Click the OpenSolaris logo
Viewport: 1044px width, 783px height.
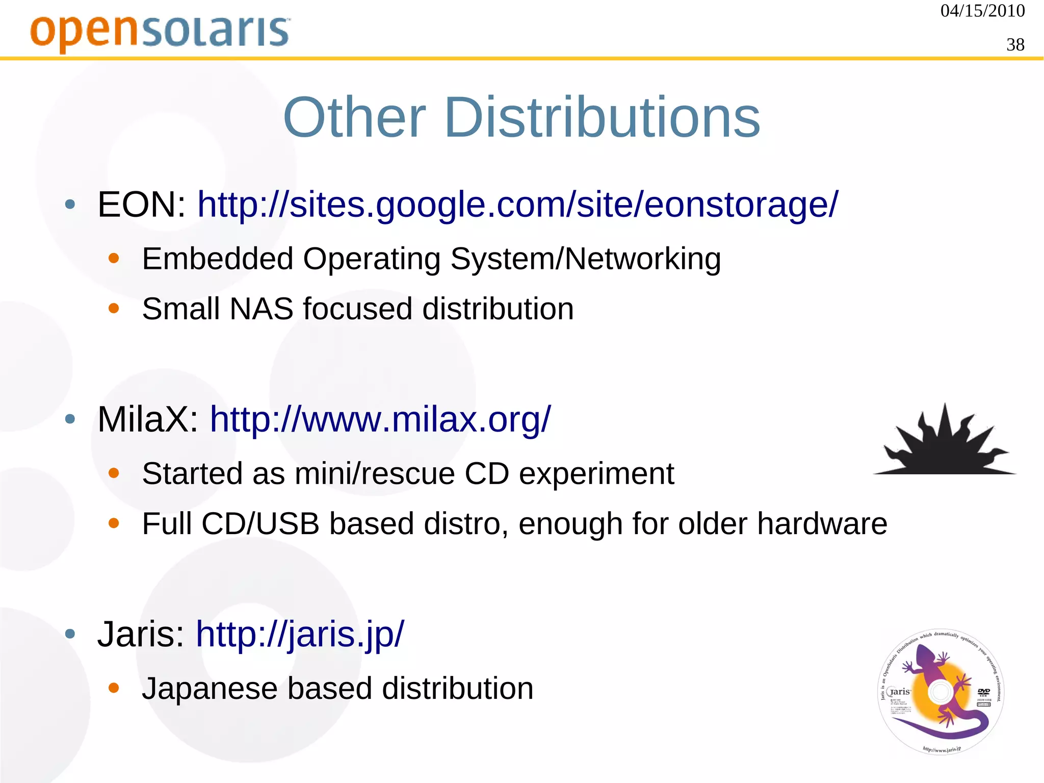click(160, 32)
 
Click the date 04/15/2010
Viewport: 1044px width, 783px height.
click(982, 11)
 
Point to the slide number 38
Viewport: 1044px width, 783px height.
click(1015, 45)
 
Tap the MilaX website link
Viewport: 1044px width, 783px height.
click(380, 419)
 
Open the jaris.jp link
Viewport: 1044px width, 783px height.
click(300, 634)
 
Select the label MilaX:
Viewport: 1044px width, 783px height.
click(148, 419)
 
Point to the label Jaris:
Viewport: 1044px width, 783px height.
click(141, 634)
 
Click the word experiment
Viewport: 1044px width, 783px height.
click(596, 474)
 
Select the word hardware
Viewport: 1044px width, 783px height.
click(822, 524)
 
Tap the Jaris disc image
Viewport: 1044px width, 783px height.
click(941, 692)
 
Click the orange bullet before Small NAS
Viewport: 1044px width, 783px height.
click(114, 309)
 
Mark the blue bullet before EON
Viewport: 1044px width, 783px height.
click(70, 205)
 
